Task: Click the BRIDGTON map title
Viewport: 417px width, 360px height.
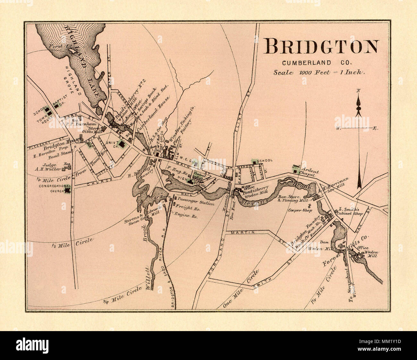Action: [x=321, y=47]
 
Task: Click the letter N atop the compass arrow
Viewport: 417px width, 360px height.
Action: [x=359, y=91]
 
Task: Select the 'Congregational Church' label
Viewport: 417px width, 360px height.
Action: [x=55, y=188]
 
